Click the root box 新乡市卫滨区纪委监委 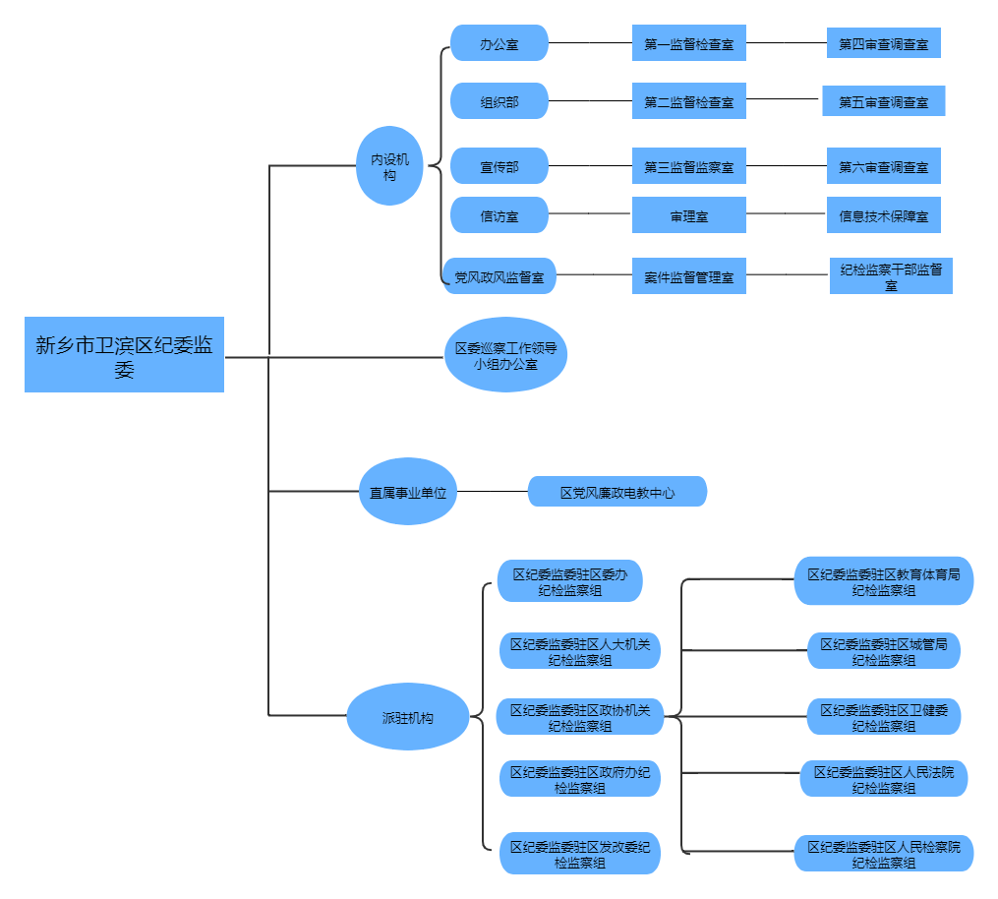[124, 354]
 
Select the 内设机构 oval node [389, 165]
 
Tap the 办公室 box [499, 43]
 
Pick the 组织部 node [499, 100]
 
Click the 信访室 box [499, 215]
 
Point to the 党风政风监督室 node [499, 277]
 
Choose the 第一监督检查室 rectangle [688, 43]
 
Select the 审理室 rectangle [688, 215]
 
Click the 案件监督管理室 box [688, 277]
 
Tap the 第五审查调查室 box [883, 100]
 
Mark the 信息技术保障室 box [883, 215]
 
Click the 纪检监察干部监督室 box [891, 276]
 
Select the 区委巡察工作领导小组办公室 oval [505, 355]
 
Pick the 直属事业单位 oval [407, 492]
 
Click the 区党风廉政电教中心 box [617, 492]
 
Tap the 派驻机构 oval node [407, 717]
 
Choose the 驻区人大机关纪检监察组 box [579, 651]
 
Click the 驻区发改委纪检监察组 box [579, 854]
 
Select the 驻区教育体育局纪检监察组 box [883, 581]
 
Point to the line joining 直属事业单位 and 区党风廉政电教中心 [493, 492]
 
